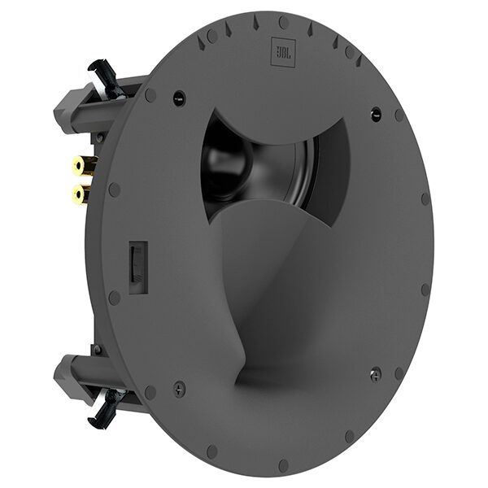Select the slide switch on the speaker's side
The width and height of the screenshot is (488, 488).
coord(136,264)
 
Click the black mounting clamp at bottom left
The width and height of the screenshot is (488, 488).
coord(108,406)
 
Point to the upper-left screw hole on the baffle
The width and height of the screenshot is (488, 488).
coord(179,98)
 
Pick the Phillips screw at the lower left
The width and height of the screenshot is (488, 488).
coord(179,388)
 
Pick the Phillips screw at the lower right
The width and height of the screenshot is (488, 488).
coord(375,374)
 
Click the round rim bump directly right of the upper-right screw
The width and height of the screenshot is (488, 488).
coord(399,115)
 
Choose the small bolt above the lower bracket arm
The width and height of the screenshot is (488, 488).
coord(97,349)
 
